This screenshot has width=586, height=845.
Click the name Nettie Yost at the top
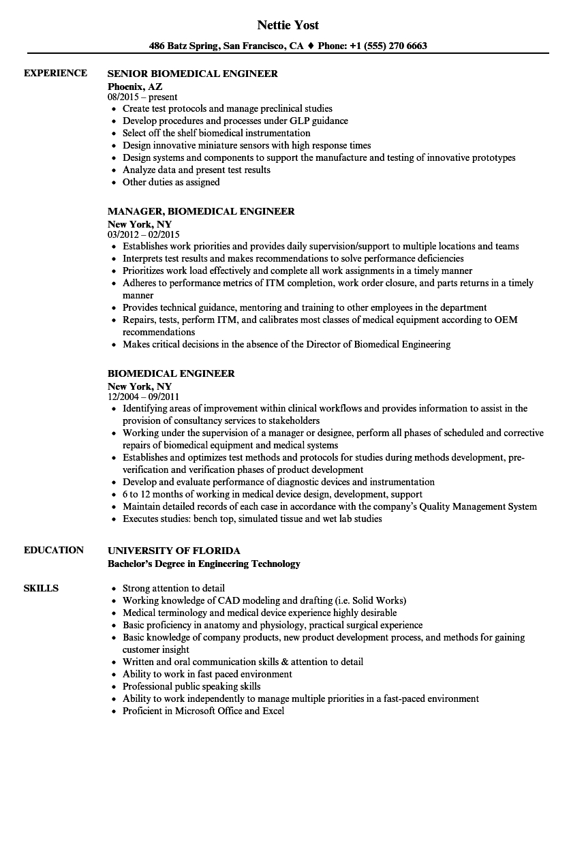coord(288,25)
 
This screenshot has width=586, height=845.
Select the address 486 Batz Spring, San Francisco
coord(226,46)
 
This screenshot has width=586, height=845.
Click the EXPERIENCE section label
coord(55,73)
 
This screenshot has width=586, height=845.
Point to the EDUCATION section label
coord(54,550)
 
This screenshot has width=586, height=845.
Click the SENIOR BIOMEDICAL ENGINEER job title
coord(193,74)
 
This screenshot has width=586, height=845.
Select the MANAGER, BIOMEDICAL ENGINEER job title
coord(201,211)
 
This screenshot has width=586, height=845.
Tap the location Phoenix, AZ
coord(135,86)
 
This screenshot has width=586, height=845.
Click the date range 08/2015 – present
coord(142,97)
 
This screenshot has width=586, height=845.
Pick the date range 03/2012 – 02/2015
coord(144,234)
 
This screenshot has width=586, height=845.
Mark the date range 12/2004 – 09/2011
coord(144,397)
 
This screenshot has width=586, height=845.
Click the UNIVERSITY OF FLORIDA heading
coord(174,551)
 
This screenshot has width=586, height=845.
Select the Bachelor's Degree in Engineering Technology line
coord(204,564)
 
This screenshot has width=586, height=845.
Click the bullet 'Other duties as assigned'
coord(171,182)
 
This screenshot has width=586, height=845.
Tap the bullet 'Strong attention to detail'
coord(174,588)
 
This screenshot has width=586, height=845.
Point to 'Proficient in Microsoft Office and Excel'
coord(203,711)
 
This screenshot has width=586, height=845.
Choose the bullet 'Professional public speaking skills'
coord(191,686)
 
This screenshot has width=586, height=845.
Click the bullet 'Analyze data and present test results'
coord(196,170)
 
